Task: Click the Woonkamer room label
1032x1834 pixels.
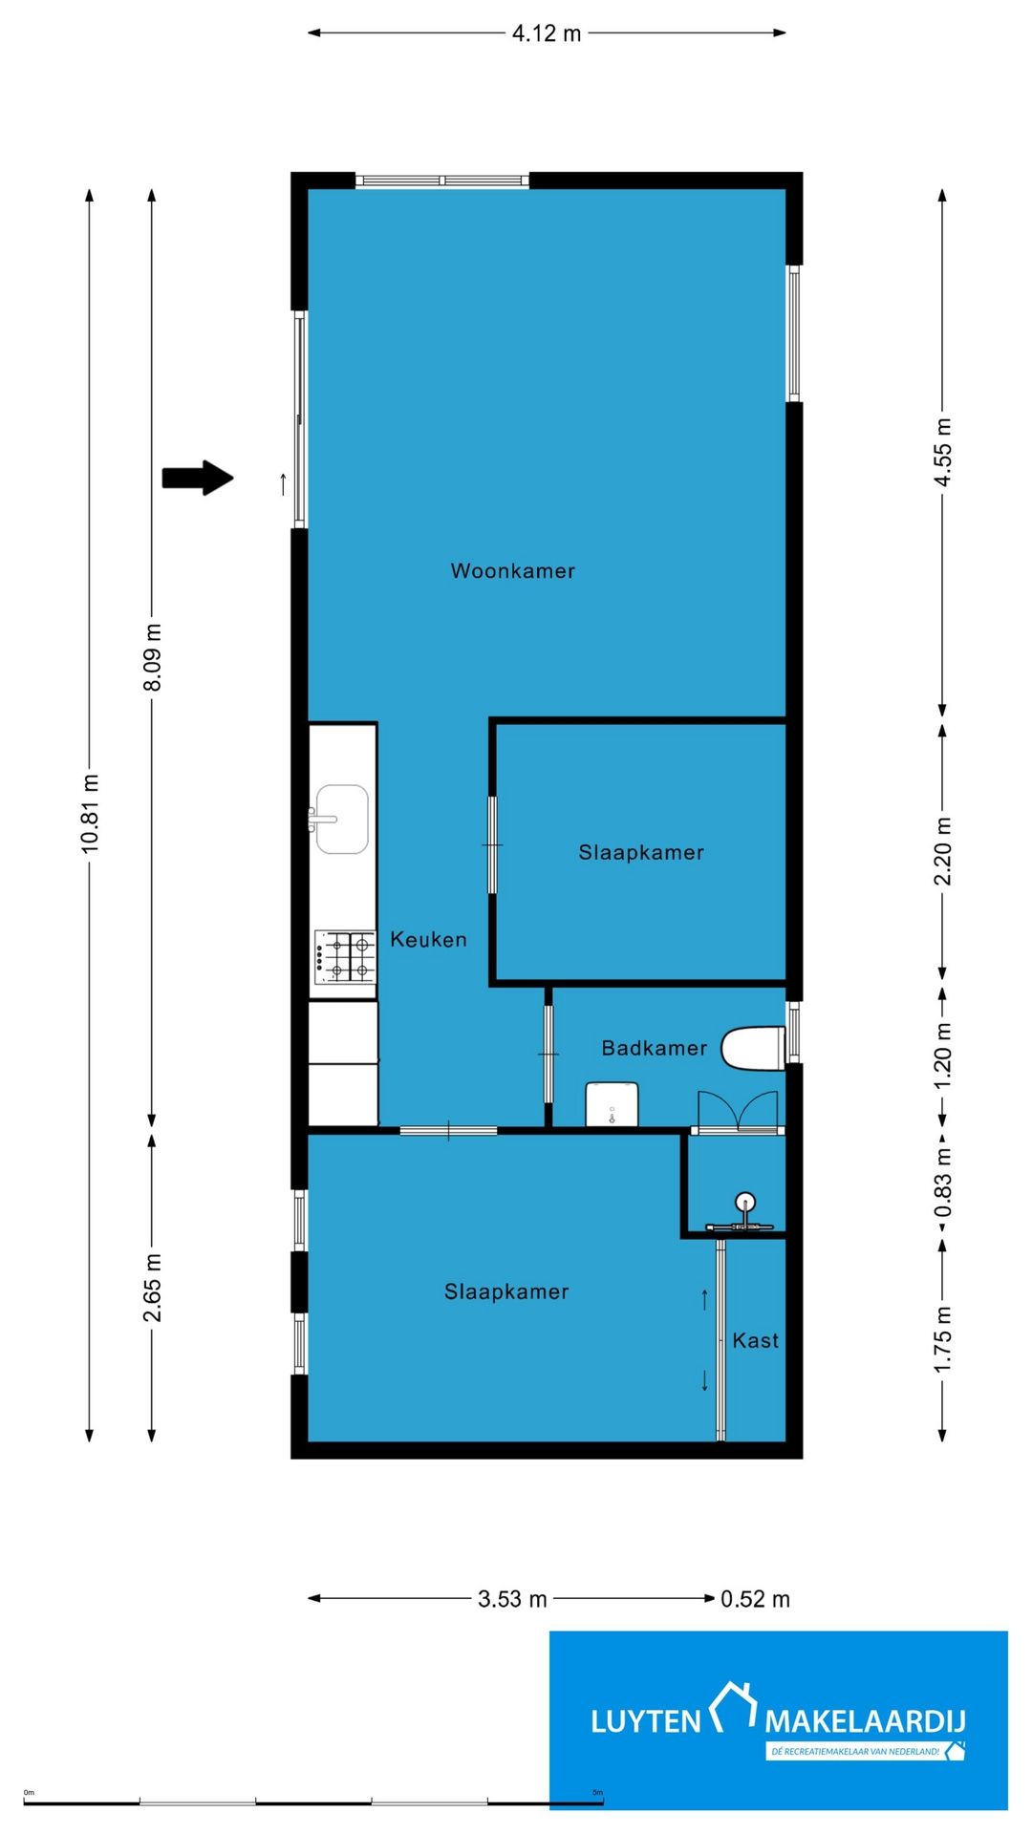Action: (513, 571)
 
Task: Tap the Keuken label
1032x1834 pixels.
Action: (428, 940)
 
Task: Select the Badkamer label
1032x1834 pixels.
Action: (655, 1048)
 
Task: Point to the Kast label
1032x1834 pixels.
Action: (756, 1341)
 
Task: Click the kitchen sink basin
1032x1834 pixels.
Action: (341, 819)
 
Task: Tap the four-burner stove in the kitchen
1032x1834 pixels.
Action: (345, 957)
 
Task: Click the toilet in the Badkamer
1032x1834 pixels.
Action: (753, 1048)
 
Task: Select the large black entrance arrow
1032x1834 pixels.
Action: (198, 478)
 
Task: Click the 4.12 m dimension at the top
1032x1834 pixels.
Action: (547, 33)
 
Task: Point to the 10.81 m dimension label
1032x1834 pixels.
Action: (90, 813)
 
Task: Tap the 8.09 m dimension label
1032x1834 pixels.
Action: (152, 657)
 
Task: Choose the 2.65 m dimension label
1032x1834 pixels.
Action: (152, 1289)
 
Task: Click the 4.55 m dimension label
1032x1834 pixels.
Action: (943, 452)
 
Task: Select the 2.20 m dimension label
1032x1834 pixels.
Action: (943, 851)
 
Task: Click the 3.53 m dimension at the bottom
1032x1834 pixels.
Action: (512, 1599)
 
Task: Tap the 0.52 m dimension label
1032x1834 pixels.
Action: (755, 1599)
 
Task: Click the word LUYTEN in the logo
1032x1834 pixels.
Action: (646, 1721)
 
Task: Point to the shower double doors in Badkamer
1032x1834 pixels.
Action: (738, 1111)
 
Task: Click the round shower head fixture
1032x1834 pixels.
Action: (744, 1203)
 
